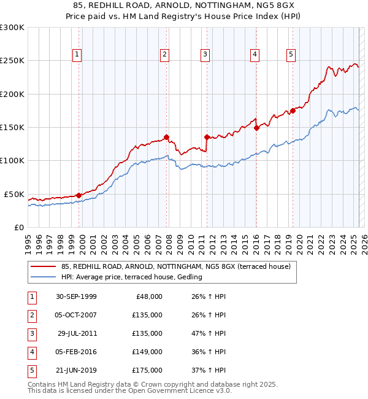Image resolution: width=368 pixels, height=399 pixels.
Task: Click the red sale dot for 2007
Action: coord(166,138)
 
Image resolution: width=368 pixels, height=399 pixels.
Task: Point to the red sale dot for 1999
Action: coord(79,195)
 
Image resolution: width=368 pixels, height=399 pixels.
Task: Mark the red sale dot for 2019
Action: coord(293,110)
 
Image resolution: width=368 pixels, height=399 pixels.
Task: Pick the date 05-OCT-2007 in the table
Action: coord(75,315)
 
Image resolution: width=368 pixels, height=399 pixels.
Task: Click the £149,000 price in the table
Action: coord(148,352)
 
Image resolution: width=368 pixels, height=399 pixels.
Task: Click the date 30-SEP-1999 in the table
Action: coord(75,296)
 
